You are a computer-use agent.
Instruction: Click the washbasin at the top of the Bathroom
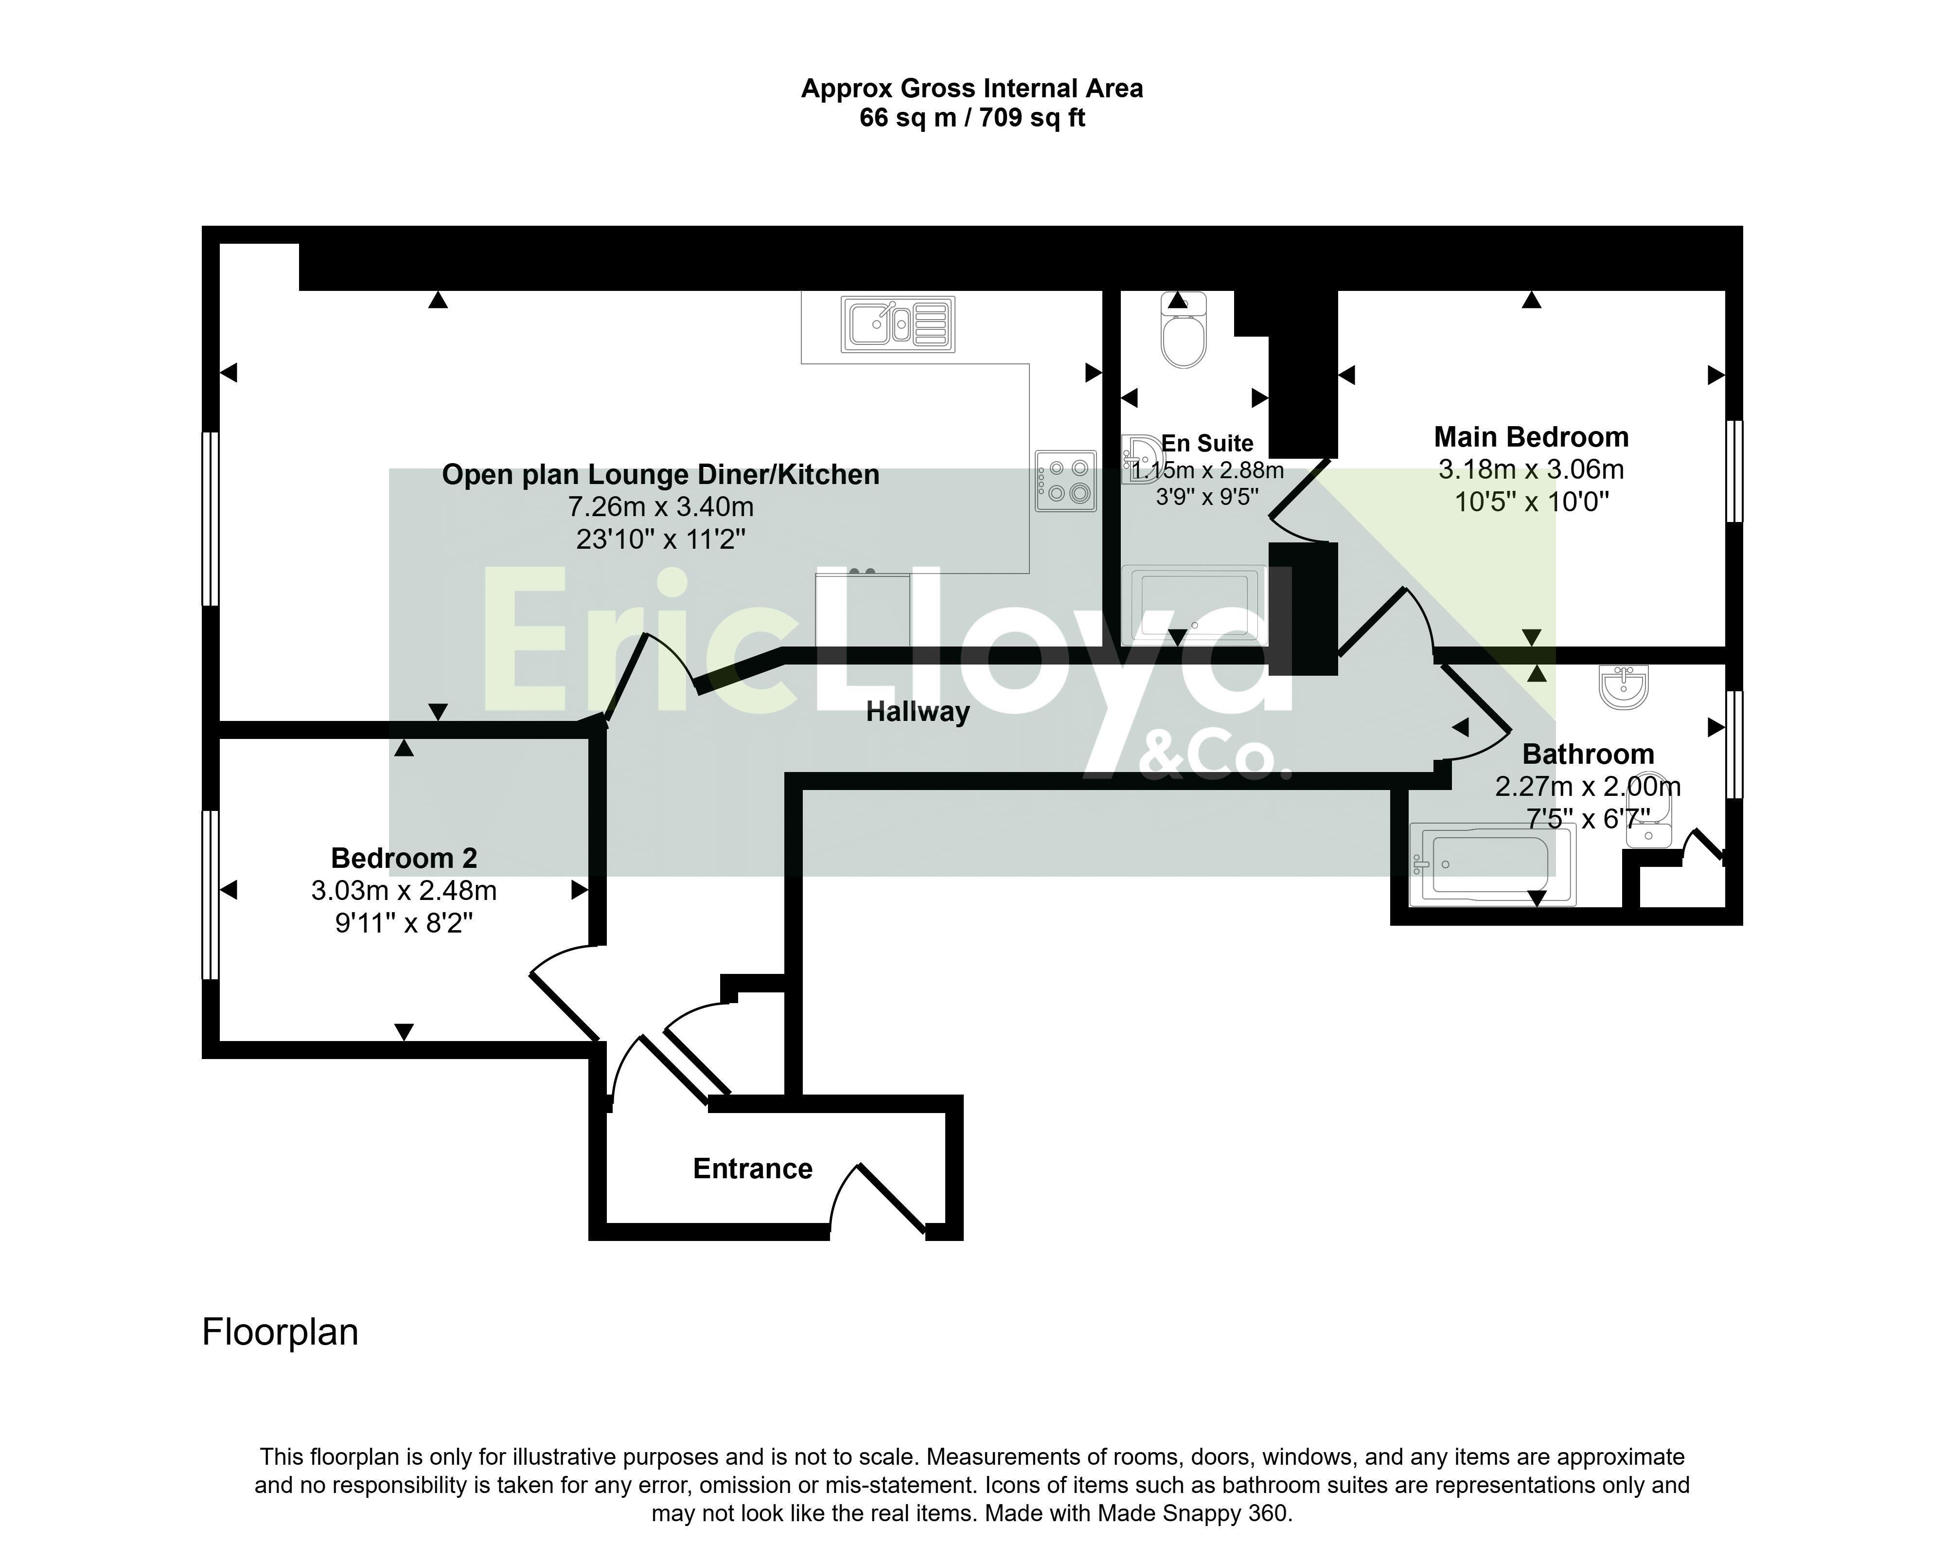coord(1624,687)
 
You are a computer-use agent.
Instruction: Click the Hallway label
coord(918,712)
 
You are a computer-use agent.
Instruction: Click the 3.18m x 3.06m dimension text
coord(1531,469)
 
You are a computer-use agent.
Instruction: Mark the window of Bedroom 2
coord(210,894)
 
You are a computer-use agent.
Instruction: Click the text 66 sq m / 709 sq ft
coord(972,118)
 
